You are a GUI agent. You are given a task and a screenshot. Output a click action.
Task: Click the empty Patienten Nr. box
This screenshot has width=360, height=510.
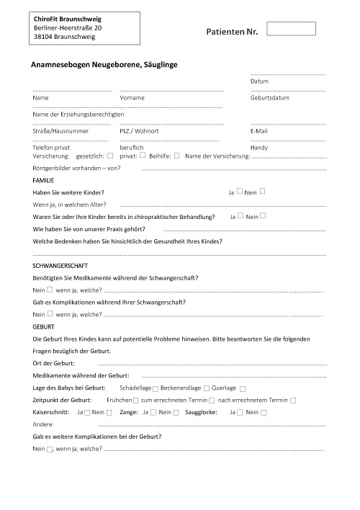[291, 29]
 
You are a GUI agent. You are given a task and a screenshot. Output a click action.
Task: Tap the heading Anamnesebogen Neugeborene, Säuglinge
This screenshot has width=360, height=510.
[104, 65]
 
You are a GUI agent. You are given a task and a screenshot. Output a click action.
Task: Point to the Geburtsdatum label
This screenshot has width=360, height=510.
[270, 97]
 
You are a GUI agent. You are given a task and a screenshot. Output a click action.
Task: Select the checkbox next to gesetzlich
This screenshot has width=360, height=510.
[110, 155]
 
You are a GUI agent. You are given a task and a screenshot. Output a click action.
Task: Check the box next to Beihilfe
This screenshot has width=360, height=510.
[176, 155]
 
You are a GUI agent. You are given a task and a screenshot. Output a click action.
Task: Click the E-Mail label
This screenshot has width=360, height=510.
[259, 131]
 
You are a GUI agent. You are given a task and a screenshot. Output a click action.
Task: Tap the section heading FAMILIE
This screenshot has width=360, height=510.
[44, 179]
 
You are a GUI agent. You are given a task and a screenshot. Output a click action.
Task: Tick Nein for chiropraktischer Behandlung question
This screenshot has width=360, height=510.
[264, 215]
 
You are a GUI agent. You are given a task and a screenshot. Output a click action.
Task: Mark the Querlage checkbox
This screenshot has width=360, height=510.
[243, 389]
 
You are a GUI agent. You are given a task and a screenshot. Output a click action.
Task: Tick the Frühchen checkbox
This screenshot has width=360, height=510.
[136, 401]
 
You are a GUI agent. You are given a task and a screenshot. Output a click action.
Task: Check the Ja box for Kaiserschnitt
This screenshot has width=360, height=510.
[87, 412]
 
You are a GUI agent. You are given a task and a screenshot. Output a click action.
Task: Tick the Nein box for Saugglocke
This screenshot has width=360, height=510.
[264, 412]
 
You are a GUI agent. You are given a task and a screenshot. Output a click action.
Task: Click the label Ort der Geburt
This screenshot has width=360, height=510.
[54, 363]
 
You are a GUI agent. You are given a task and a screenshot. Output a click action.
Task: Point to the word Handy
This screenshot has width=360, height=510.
[259, 147]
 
